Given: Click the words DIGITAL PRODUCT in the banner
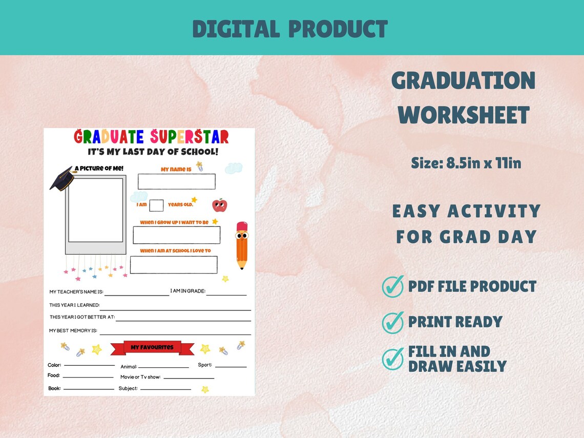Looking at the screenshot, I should tap(290, 29).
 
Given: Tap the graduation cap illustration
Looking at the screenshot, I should tap(62, 178).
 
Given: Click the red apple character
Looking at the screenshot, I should tap(219, 205).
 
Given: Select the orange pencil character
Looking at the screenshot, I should tap(242, 245).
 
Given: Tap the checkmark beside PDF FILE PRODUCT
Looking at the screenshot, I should tap(393, 286).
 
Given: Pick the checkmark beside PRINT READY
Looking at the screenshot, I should tap(393, 323).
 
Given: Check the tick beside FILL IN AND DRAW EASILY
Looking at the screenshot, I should tap(393, 359).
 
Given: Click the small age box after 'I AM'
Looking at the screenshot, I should tap(157, 205).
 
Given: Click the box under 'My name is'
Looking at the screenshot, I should tap(176, 181).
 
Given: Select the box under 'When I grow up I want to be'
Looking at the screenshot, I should tap(176, 235).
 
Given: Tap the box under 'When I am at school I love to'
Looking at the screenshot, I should tap(174, 265).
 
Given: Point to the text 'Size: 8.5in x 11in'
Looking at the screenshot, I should tap(466, 163).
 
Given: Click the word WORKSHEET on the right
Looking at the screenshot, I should tap(464, 115).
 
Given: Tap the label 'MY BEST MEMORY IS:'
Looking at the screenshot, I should tap(73, 331).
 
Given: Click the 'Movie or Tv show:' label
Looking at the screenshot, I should tap(140, 377).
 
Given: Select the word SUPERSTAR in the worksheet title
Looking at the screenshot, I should tap(190, 137).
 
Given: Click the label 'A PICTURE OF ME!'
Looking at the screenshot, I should tap(99, 169).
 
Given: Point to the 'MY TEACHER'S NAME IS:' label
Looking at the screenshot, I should tap(76, 292).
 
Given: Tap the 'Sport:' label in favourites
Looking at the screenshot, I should tap(205, 365).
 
